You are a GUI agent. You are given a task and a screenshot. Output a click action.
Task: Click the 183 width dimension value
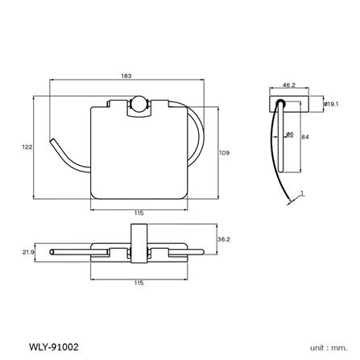click(126, 76)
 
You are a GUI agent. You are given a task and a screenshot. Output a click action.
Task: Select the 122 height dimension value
click(27, 147)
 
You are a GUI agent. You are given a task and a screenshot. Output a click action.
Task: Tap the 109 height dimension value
click(225, 153)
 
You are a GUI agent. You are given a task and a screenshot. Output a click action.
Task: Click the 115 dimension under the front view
click(139, 213)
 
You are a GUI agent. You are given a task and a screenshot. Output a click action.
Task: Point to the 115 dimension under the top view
click(139, 283)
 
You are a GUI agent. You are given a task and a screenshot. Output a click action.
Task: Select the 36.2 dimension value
click(224, 239)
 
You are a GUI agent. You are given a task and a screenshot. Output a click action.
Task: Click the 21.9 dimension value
click(28, 252)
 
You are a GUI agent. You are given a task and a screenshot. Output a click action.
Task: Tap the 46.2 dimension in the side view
click(289, 85)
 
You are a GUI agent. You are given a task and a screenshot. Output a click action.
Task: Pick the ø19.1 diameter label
click(331, 104)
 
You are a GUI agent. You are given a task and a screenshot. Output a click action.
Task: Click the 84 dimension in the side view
click(305, 137)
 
